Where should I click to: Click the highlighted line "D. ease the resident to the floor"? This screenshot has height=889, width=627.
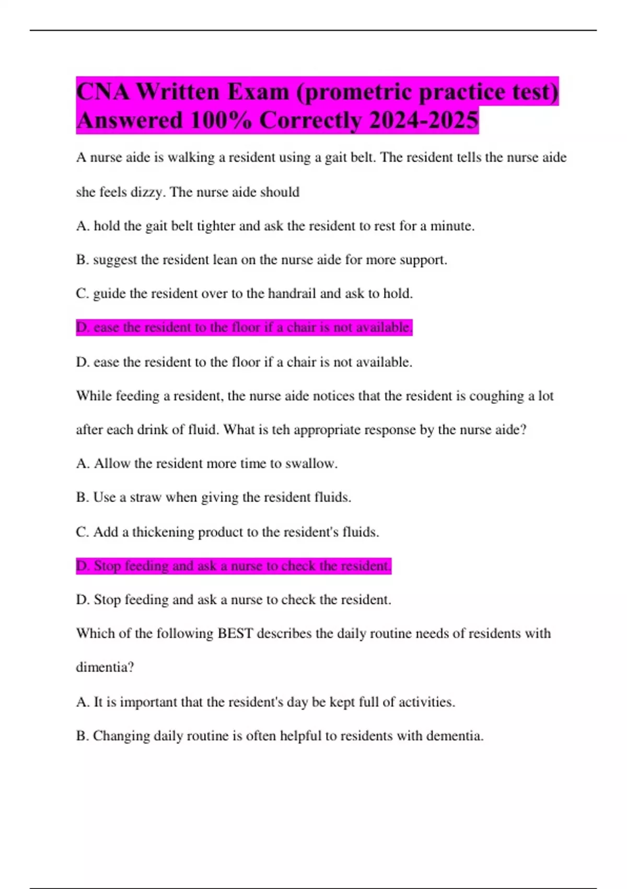(x=244, y=327)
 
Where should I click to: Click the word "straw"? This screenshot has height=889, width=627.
(x=146, y=497)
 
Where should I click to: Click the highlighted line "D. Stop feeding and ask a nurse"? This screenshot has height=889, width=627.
(x=234, y=566)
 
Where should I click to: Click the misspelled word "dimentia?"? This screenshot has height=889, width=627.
(x=105, y=667)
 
